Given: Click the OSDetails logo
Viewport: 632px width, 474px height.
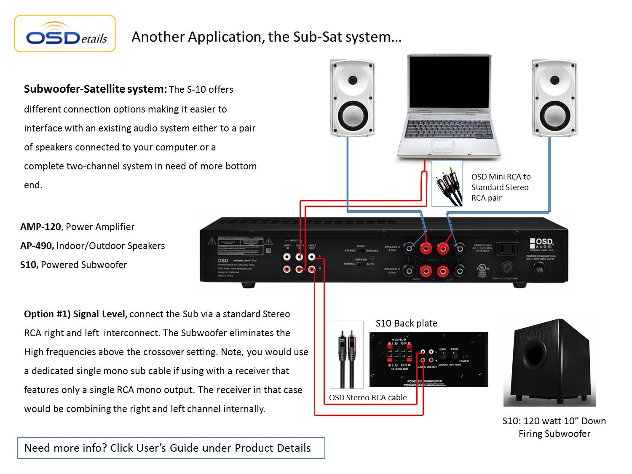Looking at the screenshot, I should (x=65, y=34).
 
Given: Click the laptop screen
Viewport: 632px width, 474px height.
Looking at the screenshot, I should (x=449, y=83).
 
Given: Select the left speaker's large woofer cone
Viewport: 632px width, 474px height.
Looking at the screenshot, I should (x=352, y=114).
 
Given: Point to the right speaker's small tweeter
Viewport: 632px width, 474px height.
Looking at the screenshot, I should (x=555, y=80).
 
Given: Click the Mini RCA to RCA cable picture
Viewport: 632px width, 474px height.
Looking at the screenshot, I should (x=447, y=184).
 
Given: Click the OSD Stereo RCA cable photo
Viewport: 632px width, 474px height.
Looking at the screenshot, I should (x=347, y=355).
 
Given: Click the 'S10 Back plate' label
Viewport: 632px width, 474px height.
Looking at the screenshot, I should (x=406, y=323).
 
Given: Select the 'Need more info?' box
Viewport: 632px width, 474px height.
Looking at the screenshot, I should (x=171, y=448).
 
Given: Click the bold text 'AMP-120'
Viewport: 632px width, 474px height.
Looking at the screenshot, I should (x=40, y=227).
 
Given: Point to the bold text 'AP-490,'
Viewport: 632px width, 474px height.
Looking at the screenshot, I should (x=37, y=246).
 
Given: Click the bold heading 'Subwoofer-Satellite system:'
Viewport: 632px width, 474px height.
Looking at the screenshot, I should (x=95, y=89).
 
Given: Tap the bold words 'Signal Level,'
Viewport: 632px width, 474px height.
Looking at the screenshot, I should (x=100, y=314).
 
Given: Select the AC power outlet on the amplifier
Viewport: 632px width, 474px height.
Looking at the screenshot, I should (x=506, y=249).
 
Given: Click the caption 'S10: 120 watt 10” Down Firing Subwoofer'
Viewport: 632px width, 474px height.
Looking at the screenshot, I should (x=554, y=427).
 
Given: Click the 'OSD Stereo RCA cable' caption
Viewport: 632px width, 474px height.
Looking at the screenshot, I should (x=368, y=397).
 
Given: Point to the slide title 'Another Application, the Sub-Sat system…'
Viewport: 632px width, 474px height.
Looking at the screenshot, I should (x=266, y=37).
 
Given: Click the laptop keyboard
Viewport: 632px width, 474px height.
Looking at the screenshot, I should (x=449, y=129).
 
